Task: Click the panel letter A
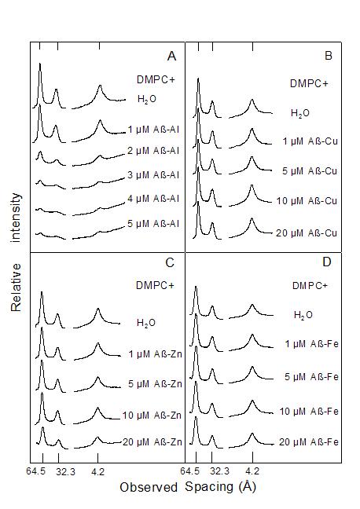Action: pyautogui.click(x=171, y=56)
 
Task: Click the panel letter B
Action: pyautogui.click(x=328, y=56)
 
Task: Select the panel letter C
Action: pyautogui.click(x=170, y=262)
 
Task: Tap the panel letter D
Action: pyautogui.click(x=326, y=262)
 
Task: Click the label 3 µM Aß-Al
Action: pyautogui.click(x=153, y=175)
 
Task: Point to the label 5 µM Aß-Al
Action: pyautogui.click(x=153, y=224)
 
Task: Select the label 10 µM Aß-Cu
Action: pyautogui.click(x=307, y=201)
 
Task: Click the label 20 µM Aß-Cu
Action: pyautogui.click(x=307, y=233)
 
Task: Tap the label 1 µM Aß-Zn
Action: pyautogui.click(x=156, y=353)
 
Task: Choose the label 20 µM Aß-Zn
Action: pyautogui.click(x=152, y=442)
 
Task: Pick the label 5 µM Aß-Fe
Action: pyautogui.click(x=311, y=377)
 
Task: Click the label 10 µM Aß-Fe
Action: pyautogui.click(x=310, y=412)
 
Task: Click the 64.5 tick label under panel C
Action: pyautogui.click(x=35, y=471)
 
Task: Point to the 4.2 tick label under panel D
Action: pyautogui.click(x=252, y=471)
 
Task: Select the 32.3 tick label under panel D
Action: pyautogui.click(x=219, y=471)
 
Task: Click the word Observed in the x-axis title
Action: pyautogui.click(x=149, y=487)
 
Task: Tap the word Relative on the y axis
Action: pyautogui.click(x=16, y=287)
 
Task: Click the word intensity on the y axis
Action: pyautogui.click(x=16, y=218)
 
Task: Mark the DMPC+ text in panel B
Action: pyautogui.click(x=309, y=84)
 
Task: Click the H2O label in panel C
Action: pyautogui.click(x=146, y=323)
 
